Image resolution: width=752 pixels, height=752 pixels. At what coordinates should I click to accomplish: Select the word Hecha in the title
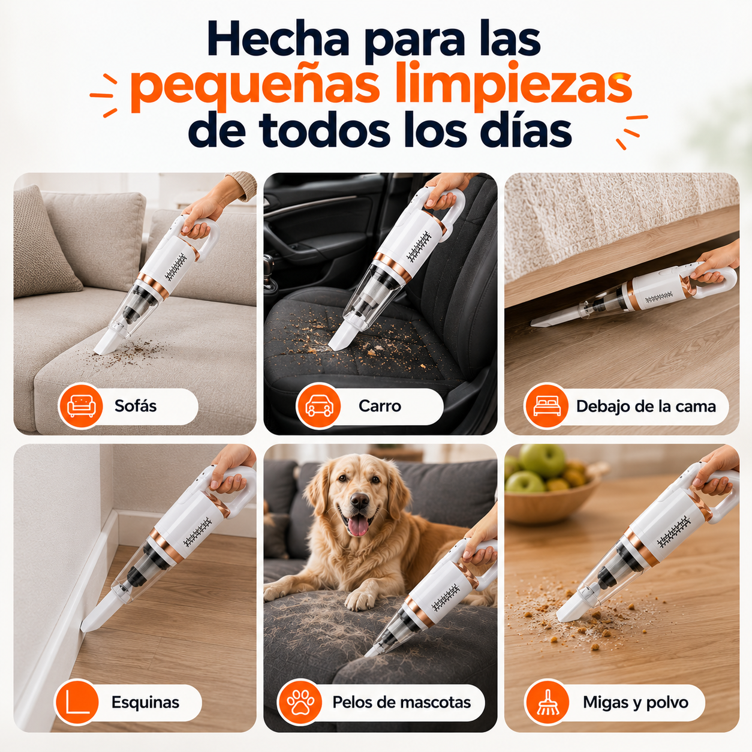[279, 39]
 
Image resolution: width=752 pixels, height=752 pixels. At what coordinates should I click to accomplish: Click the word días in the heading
[526, 128]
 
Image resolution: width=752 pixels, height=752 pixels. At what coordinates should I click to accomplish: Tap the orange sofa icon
[81, 406]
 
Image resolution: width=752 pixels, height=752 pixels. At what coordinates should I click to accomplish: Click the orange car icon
[318, 406]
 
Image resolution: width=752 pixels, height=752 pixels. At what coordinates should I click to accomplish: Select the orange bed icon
[546, 406]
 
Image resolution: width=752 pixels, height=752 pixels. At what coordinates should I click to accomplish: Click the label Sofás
[136, 406]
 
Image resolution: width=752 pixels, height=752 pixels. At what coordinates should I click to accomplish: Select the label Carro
[380, 406]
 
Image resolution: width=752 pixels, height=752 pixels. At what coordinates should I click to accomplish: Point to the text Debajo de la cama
[646, 406]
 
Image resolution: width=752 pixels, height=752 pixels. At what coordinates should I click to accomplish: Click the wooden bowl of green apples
[552, 484]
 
